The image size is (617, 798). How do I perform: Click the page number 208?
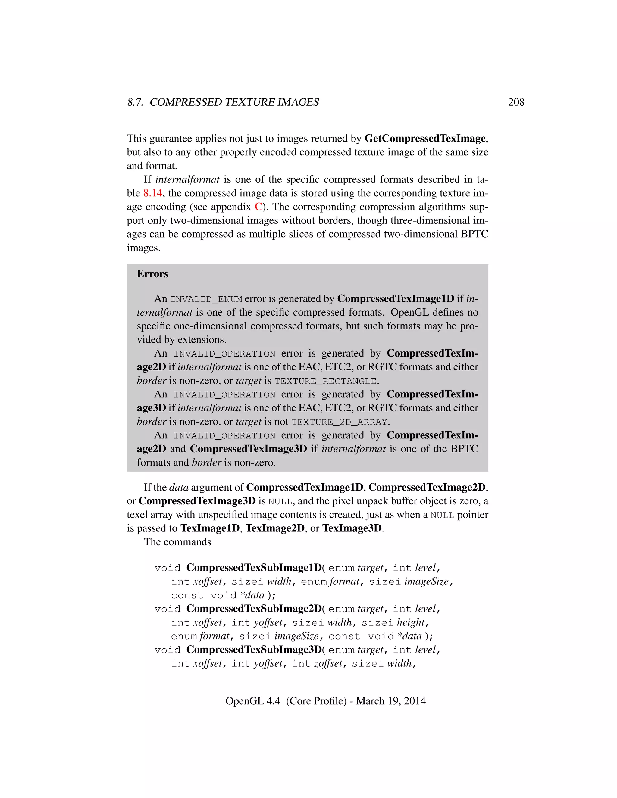click(516, 102)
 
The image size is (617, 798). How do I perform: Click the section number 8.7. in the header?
click(135, 102)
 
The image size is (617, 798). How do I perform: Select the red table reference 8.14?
click(152, 193)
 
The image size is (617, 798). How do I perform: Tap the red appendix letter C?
click(258, 207)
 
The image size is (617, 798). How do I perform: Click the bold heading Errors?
click(152, 274)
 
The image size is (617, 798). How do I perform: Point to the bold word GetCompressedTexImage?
click(425, 139)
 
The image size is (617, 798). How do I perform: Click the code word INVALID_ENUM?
click(206, 299)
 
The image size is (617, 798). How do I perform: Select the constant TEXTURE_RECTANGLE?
click(325, 381)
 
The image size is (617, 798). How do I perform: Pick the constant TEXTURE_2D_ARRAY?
click(339, 422)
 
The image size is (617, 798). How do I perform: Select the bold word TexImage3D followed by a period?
click(352, 528)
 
